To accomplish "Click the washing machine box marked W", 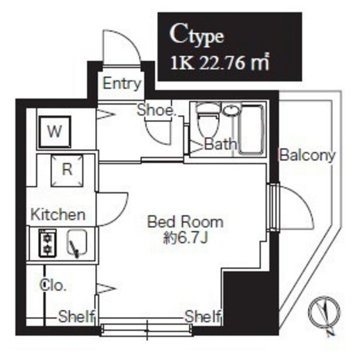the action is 55,132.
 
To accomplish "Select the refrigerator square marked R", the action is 67,170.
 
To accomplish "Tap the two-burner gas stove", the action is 48,243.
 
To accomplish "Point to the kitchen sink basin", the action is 77,243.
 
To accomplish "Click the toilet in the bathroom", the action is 208,121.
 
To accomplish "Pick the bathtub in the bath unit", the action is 251,129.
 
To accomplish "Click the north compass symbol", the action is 324,314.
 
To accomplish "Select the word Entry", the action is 122,84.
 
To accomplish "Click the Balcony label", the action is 307,156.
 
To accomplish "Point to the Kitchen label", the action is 58,215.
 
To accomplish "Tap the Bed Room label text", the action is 186,222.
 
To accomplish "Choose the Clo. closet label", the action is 53,285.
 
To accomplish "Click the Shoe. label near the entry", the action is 157,110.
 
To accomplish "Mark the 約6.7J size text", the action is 186,239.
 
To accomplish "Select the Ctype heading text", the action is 197,37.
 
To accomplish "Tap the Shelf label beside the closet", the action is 76,317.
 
